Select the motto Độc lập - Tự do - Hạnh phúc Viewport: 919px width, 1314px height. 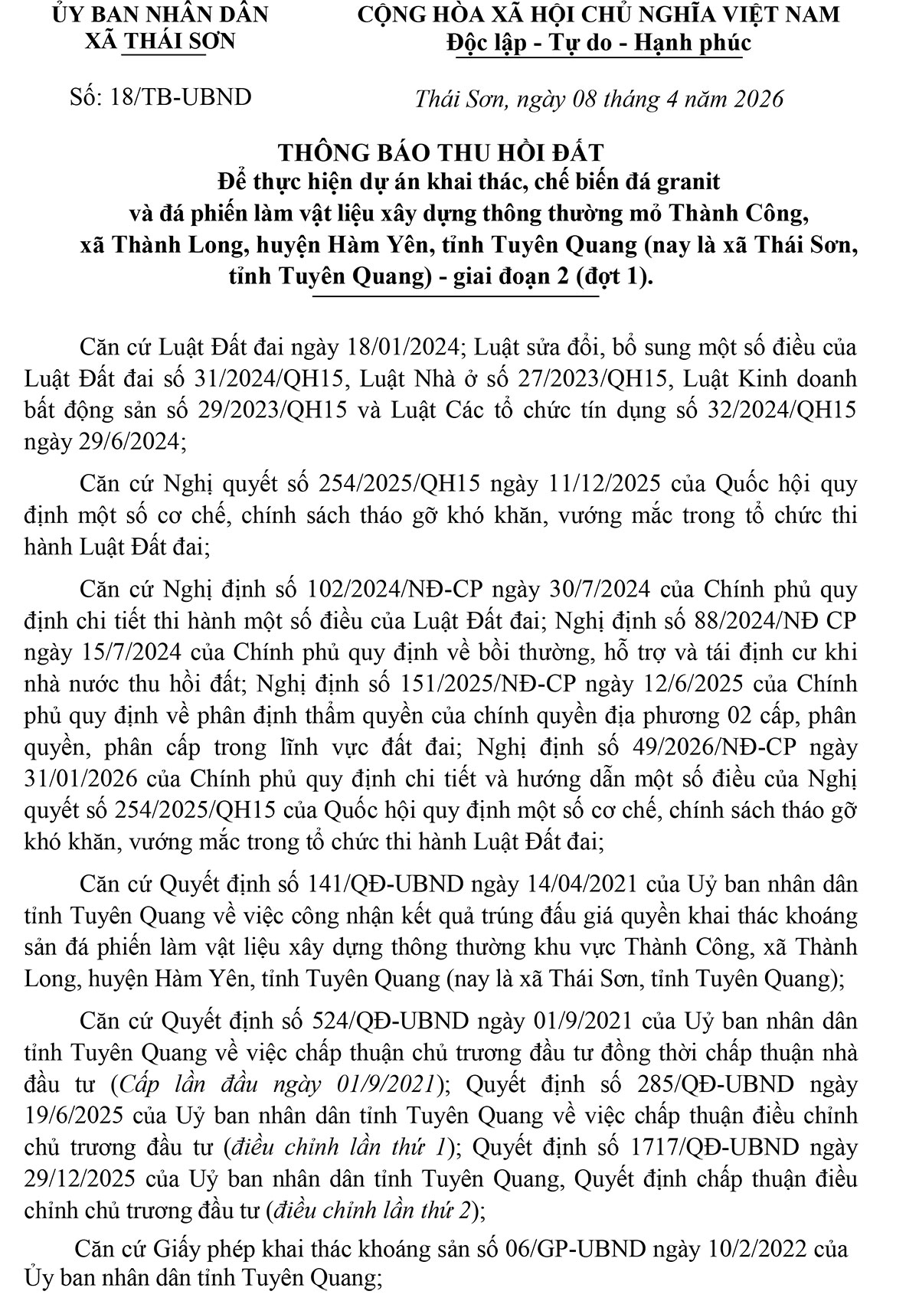(x=598, y=43)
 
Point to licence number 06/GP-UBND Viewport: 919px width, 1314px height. (x=579, y=1249)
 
